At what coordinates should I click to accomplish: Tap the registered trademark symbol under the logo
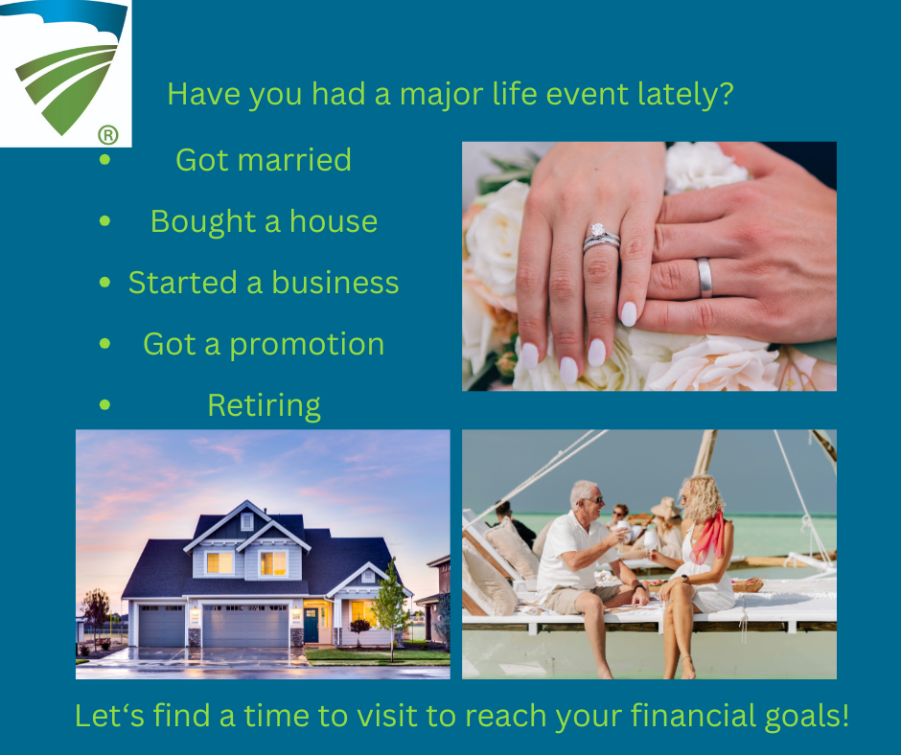[x=108, y=134]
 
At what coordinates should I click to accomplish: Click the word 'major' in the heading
[x=441, y=94]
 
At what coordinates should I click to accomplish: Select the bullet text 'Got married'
[x=264, y=160]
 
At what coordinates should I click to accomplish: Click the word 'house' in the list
[x=334, y=221]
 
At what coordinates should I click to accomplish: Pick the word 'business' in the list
[x=335, y=282]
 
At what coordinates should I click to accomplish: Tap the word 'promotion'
[x=307, y=345]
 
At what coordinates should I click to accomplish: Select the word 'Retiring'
[x=264, y=405]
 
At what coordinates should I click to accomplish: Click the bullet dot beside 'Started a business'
[x=104, y=282]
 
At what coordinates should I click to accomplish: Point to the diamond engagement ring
[x=600, y=238]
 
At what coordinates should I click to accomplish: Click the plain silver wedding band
[x=705, y=278]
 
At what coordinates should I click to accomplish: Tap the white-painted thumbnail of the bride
[x=629, y=313]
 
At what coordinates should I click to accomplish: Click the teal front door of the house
[x=311, y=626]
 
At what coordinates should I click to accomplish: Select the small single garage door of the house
[x=162, y=626]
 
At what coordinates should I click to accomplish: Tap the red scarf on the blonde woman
[x=709, y=537]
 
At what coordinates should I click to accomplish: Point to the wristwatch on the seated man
[x=640, y=587]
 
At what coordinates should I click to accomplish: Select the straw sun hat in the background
[x=665, y=509]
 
